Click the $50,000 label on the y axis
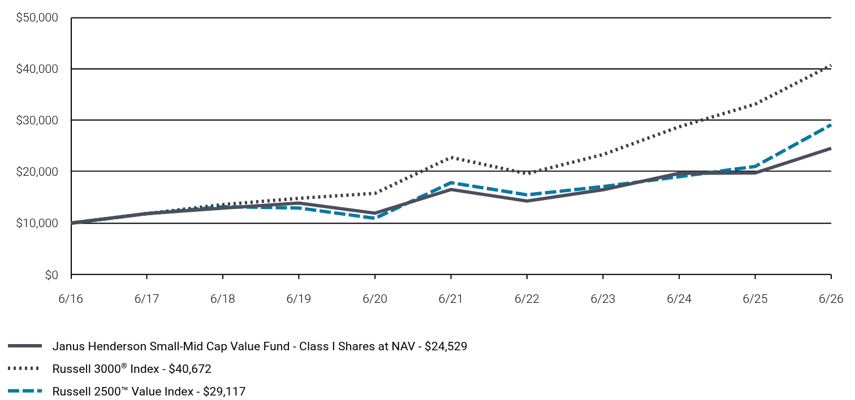coord(37,18)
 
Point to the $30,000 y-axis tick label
coord(37,120)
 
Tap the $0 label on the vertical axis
coord(51,275)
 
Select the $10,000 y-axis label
coord(37,223)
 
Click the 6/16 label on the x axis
coord(71,298)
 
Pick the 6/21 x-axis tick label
coord(451,298)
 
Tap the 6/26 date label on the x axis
coord(831,298)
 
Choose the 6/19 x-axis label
coord(299,298)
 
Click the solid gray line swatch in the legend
coord(25,346)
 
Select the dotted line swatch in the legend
coord(24,368)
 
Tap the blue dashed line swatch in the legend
coord(25,391)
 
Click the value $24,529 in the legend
coord(446,346)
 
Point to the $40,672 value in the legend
coord(189,369)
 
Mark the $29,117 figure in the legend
coord(224,391)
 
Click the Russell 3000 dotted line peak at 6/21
coord(451,157)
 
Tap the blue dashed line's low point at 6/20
coord(375,218)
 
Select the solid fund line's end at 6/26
coord(831,149)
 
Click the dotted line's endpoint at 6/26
coord(831,66)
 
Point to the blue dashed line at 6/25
coord(755,166)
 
